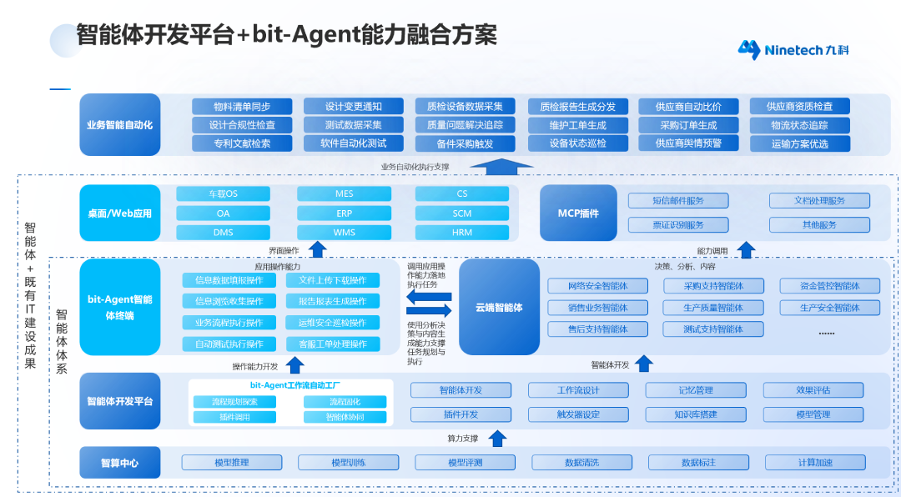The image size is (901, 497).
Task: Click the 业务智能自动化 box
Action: [120, 125]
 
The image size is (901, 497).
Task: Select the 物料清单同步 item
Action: [242, 107]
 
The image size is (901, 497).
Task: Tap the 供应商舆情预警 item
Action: [687, 143]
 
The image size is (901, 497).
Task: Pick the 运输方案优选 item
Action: [799, 143]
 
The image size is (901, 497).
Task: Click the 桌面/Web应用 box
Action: [120, 213]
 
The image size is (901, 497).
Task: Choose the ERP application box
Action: [344, 213]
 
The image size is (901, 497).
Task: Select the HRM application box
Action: [461, 233]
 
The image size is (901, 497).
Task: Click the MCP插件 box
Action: [578, 213]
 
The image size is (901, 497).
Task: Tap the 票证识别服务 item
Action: [677, 225]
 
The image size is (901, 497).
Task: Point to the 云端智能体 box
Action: [499, 307]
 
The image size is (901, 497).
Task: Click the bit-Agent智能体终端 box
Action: [120, 307]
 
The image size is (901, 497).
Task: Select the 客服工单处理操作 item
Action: [332, 344]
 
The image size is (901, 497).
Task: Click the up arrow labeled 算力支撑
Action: [497, 438]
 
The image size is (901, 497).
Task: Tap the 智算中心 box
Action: [120, 463]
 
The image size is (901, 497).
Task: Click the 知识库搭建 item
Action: [695, 414]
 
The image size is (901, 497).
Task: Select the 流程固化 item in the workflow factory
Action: [345, 402]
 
